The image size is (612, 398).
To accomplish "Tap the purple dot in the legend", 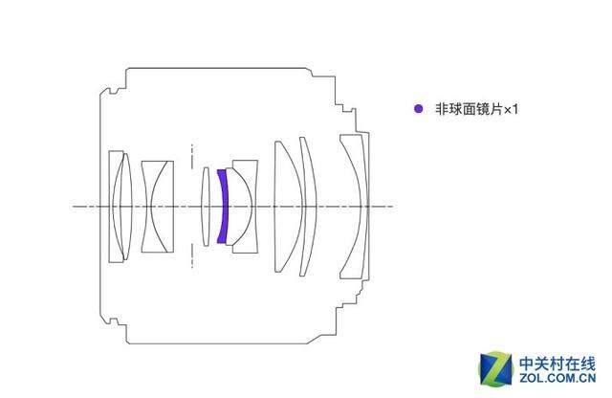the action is coord(418,108).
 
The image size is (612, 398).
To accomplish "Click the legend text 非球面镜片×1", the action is coord(476,109).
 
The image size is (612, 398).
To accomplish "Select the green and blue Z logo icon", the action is coord(495,368).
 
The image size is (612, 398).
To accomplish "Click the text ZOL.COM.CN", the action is coord(557,378).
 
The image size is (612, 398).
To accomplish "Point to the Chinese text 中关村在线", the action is coord(557,364).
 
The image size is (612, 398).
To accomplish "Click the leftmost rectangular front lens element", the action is coord(116,207).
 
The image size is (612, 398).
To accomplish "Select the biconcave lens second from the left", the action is coord(157,207).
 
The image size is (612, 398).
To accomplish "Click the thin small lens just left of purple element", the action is coord(206,207).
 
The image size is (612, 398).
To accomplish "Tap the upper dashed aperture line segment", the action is coord(191,156).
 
